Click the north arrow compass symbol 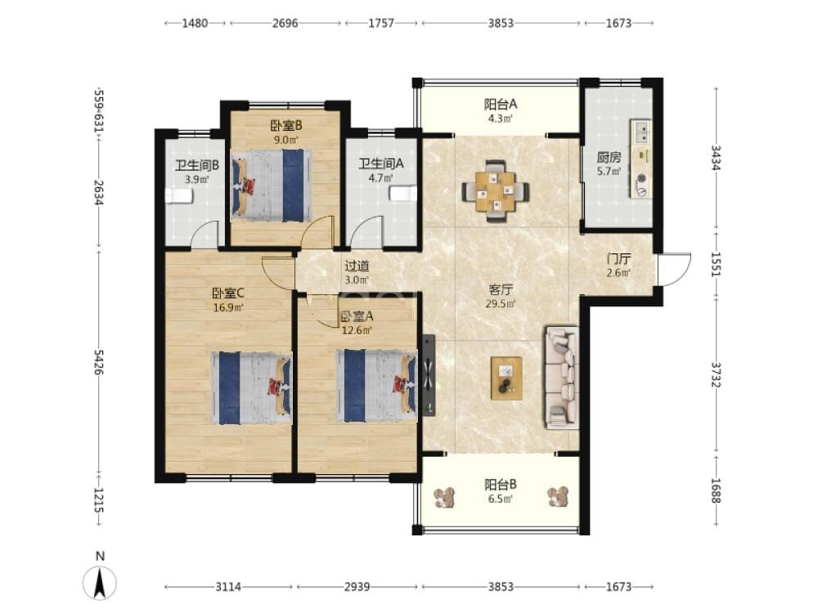point(99,582)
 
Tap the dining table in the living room point(495,190)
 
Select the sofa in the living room point(561,378)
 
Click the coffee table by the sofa point(506,378)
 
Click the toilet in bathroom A point(403,194)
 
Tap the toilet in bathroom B point(179,196)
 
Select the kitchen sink point(640,132)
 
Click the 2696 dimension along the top point(285,23)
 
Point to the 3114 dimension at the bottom point(228,587)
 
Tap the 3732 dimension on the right point(715,375)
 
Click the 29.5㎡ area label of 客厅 point(501,304)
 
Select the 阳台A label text point(501,105)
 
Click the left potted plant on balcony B point(445,497)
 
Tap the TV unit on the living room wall point(429,375)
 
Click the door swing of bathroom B point(204,234)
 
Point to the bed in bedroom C point(251,387)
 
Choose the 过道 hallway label point(357,266)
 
